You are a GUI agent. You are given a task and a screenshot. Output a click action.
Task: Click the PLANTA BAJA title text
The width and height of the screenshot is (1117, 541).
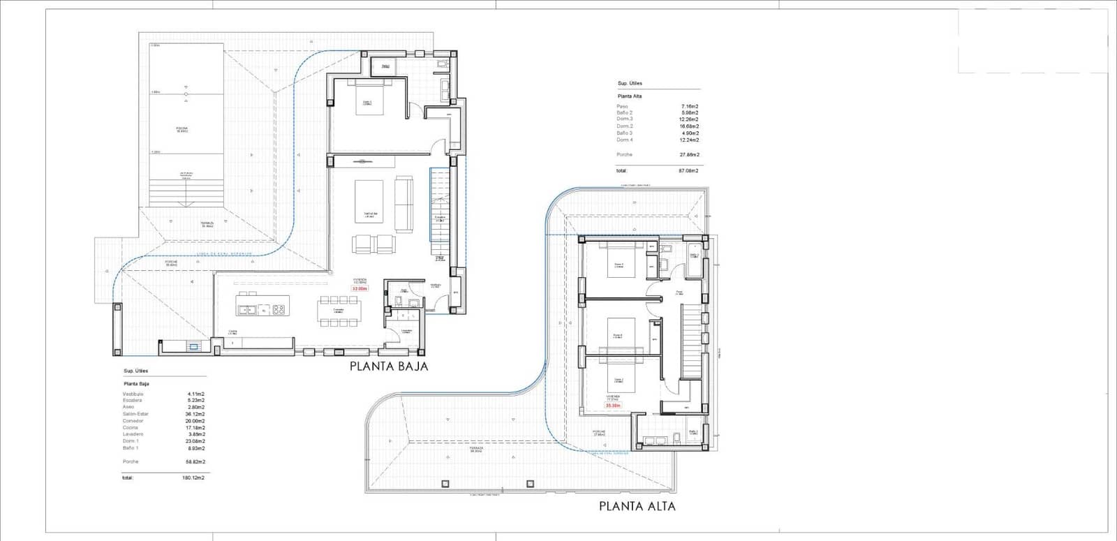[x=388, y=366]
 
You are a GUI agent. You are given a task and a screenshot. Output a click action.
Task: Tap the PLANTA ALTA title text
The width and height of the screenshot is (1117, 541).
[x=637, y=506]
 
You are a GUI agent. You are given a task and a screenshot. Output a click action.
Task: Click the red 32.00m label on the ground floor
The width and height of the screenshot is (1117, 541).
[x=359, y=288]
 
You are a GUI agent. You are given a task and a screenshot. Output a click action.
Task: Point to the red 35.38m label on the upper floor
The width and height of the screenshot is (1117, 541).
[x=613, y=405]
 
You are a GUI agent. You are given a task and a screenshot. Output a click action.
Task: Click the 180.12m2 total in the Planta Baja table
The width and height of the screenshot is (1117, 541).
[x=192, y=478]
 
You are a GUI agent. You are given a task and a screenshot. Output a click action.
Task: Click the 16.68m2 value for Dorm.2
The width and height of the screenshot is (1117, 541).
[x=689, y=126]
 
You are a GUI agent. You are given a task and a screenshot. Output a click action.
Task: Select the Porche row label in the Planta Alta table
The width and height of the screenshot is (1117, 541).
[x=624, y=154]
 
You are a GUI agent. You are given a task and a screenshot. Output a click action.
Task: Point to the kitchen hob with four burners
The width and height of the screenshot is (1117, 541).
[x=279, y=309]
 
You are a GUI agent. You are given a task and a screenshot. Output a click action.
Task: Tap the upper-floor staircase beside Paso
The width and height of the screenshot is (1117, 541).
[x=690, y=342]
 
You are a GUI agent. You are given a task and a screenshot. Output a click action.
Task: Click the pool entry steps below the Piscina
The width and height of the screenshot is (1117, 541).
[x=186, y=192]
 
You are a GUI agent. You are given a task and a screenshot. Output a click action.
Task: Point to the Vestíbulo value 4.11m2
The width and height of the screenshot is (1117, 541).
[x=195, y=394]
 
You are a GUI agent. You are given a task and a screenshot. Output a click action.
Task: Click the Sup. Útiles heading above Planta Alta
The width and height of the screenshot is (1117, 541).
[x=630, y=83]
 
